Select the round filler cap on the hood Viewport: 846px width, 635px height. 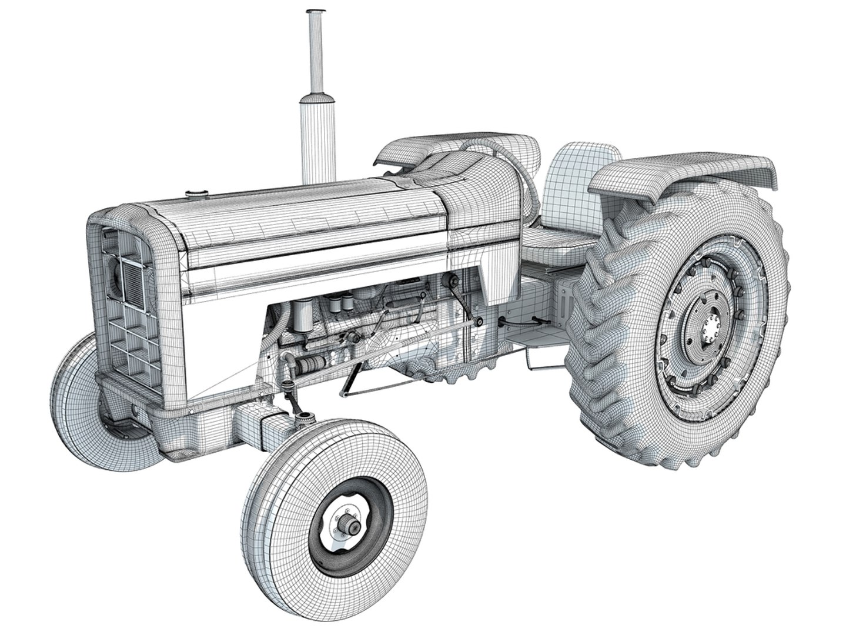(194, 193)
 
